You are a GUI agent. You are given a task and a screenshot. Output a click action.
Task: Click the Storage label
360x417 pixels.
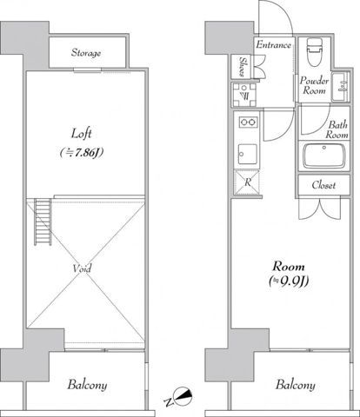tap(86, 53)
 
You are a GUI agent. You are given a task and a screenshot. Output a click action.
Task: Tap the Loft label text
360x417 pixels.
tap(82, 134)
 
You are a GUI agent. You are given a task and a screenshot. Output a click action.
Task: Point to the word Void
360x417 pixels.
tap(82, 268)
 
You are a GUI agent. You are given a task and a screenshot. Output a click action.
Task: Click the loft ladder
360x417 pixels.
tap(43, 222)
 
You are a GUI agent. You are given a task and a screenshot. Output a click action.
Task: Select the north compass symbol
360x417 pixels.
tap(183, 395)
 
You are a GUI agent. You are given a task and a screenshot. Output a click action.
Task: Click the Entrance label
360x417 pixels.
tap(273, 45)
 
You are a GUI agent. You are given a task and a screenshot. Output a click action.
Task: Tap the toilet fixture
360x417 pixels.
tap(315, 51)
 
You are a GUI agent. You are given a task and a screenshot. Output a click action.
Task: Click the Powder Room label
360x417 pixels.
tap(314, 85)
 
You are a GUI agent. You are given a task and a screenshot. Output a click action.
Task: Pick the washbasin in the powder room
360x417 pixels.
tap(340, 87)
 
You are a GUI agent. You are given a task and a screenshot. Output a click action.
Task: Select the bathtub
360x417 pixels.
tap(324, 156)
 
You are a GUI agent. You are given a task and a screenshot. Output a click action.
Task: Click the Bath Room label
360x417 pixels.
tap(337, 129)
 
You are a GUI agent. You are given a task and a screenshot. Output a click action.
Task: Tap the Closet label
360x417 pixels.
tap(323, 185)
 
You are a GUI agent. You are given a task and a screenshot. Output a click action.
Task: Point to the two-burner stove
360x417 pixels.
tap(249, 122)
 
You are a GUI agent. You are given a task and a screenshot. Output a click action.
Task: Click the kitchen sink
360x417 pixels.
tap(248, 155)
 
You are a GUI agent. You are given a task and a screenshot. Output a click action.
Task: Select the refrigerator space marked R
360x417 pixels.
tap(248, 182)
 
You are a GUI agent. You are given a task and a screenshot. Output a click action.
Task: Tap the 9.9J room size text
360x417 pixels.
tap(289, 281)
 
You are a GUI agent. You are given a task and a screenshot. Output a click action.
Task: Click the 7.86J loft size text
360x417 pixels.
tap(82, 153)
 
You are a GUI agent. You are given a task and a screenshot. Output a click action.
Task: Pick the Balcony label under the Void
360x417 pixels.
tap(87, 385)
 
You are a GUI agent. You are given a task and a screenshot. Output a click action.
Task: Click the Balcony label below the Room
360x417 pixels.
tap(296, 385)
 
